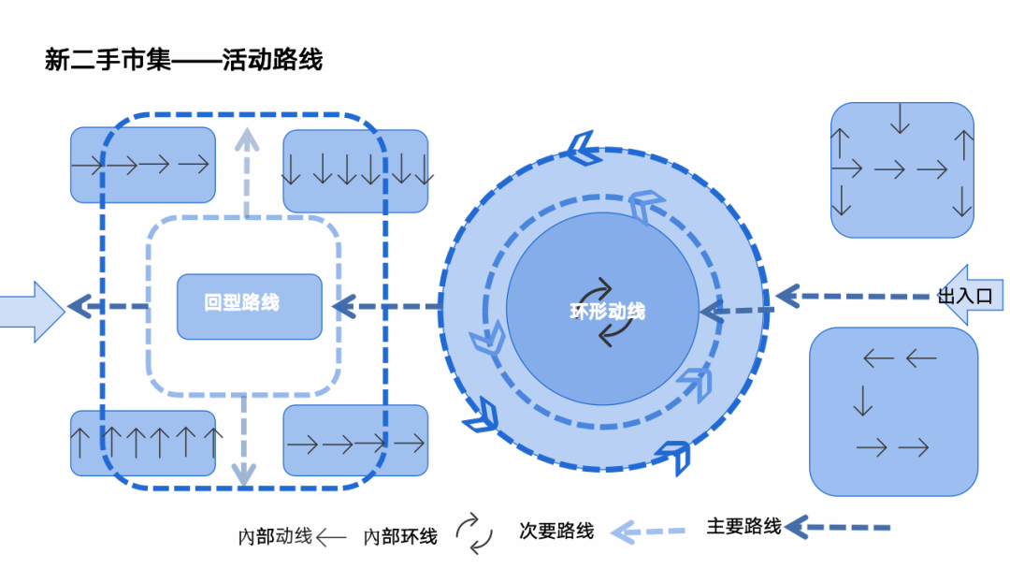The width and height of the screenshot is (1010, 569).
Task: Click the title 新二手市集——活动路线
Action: coord(183,61)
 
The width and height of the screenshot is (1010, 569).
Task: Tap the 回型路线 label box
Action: coord(249,306)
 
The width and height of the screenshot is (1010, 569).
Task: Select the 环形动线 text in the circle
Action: coord(607,311)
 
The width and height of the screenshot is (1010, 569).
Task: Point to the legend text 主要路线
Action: coord(743,527)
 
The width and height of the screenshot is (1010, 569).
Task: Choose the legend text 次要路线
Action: coord(556,532)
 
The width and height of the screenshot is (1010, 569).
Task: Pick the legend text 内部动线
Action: coord(275,537)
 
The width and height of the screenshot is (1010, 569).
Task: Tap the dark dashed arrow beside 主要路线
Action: coord(838,528)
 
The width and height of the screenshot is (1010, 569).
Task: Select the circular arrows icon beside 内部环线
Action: coord(474,533)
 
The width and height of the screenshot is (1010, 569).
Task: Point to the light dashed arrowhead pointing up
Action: coord(246,140)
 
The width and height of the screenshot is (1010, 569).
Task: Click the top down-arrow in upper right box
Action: coord(901,119)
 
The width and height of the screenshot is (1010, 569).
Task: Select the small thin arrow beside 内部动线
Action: coord(331,538)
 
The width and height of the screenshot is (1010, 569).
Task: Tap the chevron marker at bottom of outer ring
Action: coord(672,457)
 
